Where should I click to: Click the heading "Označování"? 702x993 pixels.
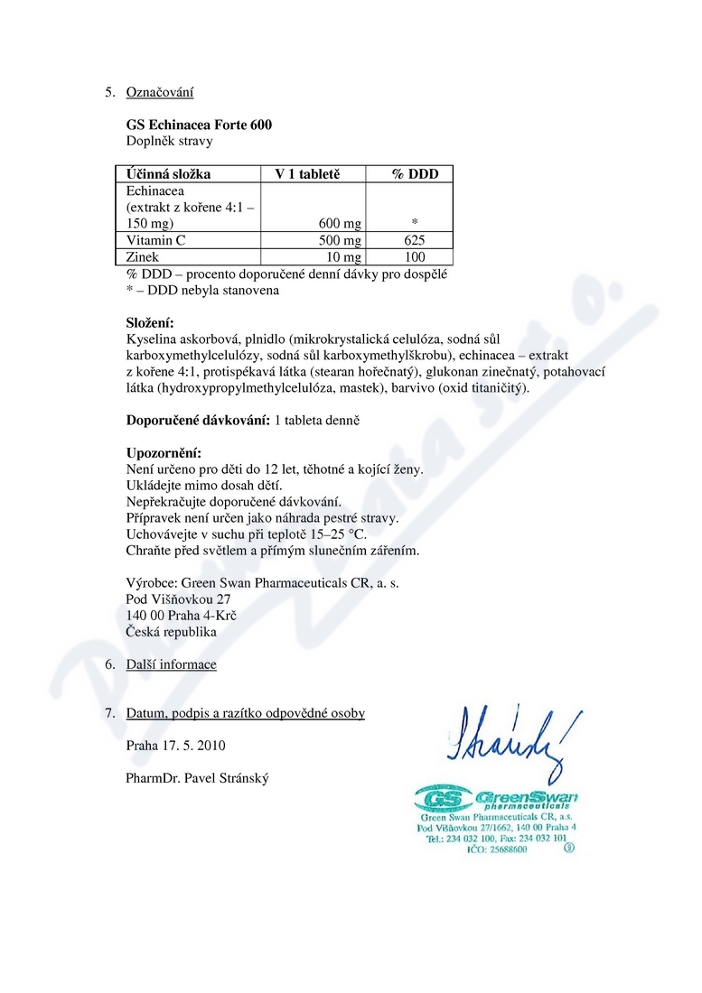click(160, 92)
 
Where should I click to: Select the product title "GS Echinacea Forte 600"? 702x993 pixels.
click(199, 125)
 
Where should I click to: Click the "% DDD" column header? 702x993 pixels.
click(415, 174)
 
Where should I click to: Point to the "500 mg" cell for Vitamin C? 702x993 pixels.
click(340, 240)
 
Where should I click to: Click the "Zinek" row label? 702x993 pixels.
click(143, 257)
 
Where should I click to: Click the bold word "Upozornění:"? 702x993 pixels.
click(164, 453)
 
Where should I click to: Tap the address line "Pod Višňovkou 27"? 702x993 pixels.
click(179, 599)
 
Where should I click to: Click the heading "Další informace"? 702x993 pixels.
click(172, 664)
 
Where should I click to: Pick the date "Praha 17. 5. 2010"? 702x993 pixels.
click(176, 746)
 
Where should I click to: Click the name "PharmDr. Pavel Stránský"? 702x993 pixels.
click(198, 778)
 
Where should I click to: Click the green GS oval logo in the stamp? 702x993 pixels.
click(440, 798)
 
